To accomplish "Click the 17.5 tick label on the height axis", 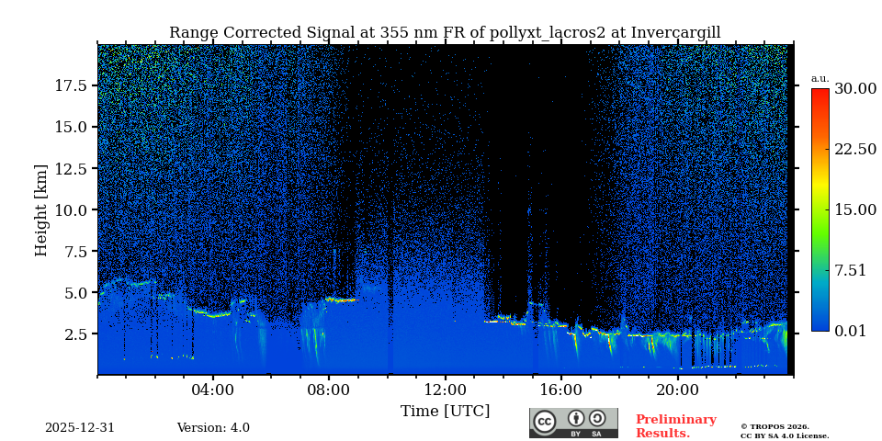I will pyautogui.click(x=71, y=85).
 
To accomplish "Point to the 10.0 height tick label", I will pyautogui.click(x=71, y=210).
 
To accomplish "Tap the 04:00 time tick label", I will pyautogui.click(x=213, y=390).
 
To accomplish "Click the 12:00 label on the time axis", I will pyautogui.click(x=445, y=390).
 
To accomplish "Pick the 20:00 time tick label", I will pyautogui.click(x=677, y=390).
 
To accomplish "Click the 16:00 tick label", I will pyautogui.click(x=561, y=390).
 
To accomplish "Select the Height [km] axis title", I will pyautogui.click(x=41, y=209).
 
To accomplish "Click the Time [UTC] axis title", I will pyautogui.click(x=445, y=411).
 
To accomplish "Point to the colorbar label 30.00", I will pyautogui.click(x=854, y=89).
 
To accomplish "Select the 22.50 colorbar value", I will pyautogui.click(x=854, y=150).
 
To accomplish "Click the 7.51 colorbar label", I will pyautogui.click(x=850, y=270).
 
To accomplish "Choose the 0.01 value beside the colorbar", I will pyautogui.click(x=850, y=331).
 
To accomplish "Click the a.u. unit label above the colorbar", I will pyautogui.click(x=820, y=78).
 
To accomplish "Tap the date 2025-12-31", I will pyautogui.click(x=80, y=428).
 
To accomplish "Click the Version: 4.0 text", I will pyautogui.click(x=213, y=428).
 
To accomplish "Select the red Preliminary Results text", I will pyautogui.click(x=675, y=426).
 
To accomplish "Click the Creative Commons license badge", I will pyautogui.click(x=573, y=423).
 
